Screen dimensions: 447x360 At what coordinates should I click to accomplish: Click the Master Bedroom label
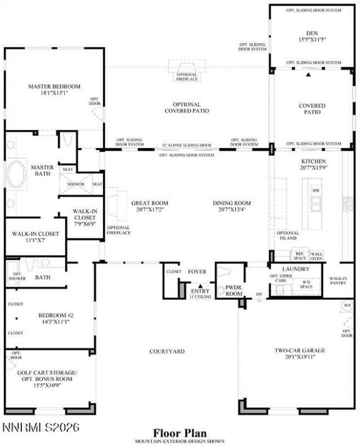click(x=55, y=86)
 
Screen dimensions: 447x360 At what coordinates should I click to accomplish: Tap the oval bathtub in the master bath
click(x=16, y=173)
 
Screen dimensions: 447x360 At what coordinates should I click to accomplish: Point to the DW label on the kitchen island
click(x=316, y=191)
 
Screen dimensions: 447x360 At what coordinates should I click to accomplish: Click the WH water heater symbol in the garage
click(x=347, y=306)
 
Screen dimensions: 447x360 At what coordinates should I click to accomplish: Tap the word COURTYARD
click(x=167, y=351)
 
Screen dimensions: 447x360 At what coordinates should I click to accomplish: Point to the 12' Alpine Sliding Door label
click(x=187, y=145)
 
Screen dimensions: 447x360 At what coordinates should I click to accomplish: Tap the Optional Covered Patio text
click(x=187, y=108)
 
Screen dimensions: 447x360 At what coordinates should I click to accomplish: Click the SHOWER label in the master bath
click(x=75, y=184)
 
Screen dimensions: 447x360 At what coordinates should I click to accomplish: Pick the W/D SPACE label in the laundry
click(x=307, y=284)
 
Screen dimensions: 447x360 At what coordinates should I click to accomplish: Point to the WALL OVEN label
click(x=317, y=256)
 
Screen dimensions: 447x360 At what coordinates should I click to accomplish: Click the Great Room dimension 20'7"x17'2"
click(x=150, y=209)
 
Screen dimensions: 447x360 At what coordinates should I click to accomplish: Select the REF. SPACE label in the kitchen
click(x=299, y=256)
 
